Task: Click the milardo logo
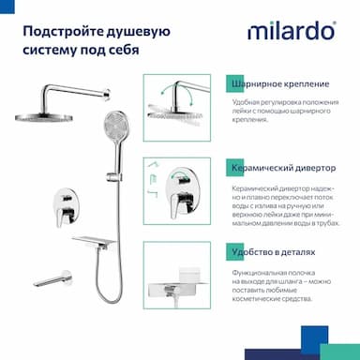click(x=292, y=31)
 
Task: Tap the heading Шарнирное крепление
click(x=280, y=84)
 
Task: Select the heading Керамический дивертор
click(x=284, y=168)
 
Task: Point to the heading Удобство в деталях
click(x=274, y=252)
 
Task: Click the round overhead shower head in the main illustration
click(x=44, y=117)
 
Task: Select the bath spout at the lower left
click(x=52, y=278)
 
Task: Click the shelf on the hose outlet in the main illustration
click(x=94, y=241)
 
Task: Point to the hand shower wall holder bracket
click(x=113, y=177)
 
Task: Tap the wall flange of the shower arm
click(x=107, y=94)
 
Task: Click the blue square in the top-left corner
click(x=7, y=7)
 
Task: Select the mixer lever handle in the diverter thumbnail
click(x=180, y=204)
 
